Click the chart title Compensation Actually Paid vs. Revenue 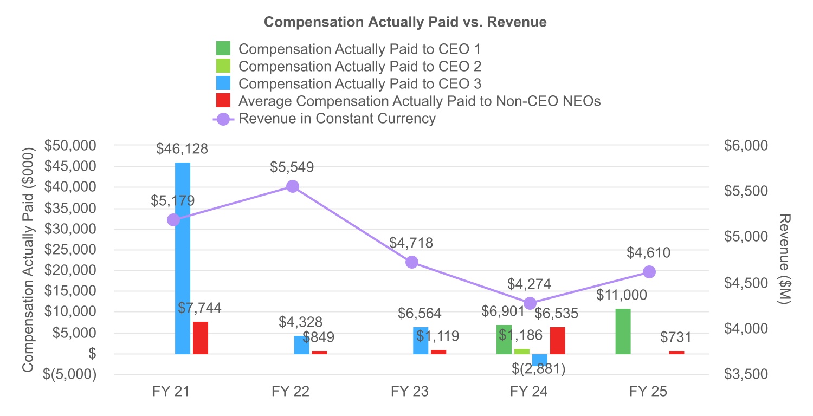(x=405, y=22)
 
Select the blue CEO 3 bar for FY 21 (x=183, y=258)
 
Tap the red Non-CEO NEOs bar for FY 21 (x=201, y=338)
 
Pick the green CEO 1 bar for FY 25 (x=623, y=331)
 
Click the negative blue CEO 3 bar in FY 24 (x=540, y=360)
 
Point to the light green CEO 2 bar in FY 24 (x=522, y=352)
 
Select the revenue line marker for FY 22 (x=293, y=186)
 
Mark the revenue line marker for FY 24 (x=531, y=303)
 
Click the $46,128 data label (x=182, y=149)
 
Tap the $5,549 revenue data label (x=292, y=167)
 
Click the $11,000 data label (x=622, y=295)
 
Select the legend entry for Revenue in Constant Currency (x=337, y=119)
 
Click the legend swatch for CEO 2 (x=223, y=66)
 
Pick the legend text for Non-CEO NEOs (x=420, y=101)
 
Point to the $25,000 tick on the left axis (x=71, y=250)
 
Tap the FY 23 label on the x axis (x=410, y=392)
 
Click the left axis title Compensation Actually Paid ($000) (x=28, y=260)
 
